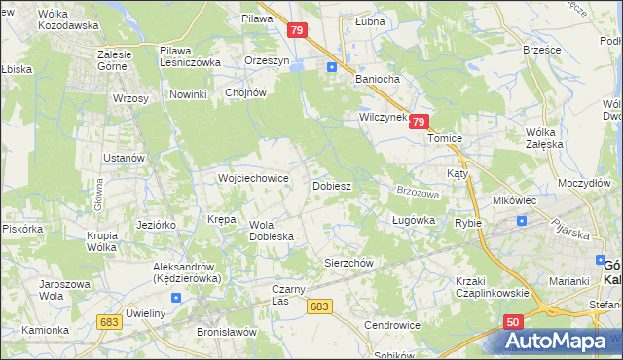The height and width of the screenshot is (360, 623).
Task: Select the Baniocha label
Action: click(x=379, y=79)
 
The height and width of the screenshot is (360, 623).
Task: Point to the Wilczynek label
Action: click(x=383, y=116)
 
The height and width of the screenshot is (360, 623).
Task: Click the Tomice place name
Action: click(x=444, y=138)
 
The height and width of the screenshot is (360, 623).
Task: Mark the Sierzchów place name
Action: click(x=348, y=263)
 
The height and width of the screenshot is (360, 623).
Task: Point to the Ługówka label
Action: click(x=413, y=221)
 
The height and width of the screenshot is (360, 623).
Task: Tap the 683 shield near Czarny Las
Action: click(x=318, y=306)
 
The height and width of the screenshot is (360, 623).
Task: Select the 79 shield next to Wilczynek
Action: click(x=419, y=122)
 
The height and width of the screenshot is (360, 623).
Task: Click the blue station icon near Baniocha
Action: click(x=332, y=67)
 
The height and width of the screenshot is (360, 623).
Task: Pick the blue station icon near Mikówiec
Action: click(x=522, y=220)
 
